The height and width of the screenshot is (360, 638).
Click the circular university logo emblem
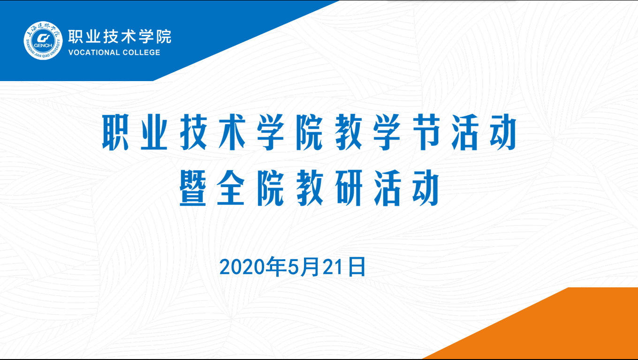coord(43,40)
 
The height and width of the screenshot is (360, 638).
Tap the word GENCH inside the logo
coord(43,45)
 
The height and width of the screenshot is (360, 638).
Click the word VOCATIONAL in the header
coord(94,52)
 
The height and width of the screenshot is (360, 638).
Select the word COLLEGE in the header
coord(141,52)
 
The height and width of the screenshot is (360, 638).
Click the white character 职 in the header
coord(76,37)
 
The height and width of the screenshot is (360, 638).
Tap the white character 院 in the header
coord(164,37)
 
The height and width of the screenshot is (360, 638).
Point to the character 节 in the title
coord(426,132)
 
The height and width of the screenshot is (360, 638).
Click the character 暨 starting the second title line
coord(193,188)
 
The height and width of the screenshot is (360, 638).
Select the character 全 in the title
coord(231,188)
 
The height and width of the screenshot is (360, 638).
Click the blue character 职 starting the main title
coord(115,132)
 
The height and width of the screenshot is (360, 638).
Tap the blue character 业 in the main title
coord(154,132)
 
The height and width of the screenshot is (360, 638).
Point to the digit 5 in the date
coord(293,267)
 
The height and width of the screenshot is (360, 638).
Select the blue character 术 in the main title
coord(232,132)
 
